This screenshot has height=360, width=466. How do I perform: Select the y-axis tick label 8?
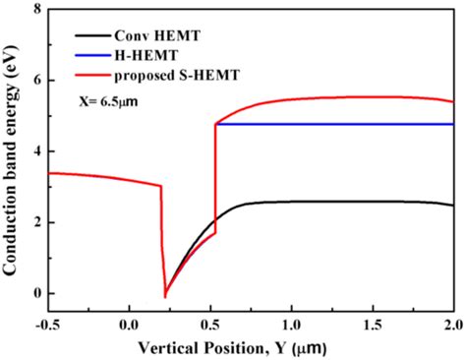pos(37,10)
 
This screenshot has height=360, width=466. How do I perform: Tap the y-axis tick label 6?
pos(37,81)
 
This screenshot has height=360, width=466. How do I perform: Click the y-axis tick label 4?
pos(37,151)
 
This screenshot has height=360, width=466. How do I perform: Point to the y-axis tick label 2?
pos(37,222)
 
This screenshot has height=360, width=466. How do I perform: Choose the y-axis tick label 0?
pos(37,293)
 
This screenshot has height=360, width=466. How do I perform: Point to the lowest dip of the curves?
pos(165,296)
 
